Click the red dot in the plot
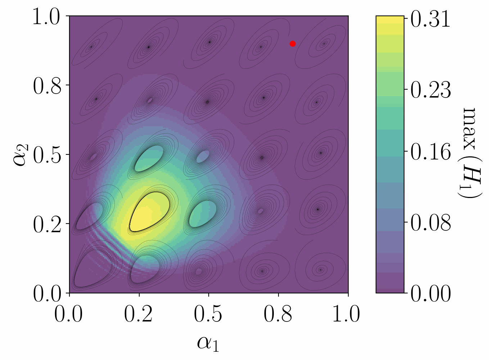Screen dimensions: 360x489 [293, 44]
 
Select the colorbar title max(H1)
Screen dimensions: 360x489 [471, 153]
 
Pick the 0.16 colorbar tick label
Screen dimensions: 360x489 [430, 152]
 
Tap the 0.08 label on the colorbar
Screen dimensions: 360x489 [430, 222]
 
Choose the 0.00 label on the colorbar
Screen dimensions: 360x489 [430, 293]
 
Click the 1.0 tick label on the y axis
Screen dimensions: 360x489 [47, 17]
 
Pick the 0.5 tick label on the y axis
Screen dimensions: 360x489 [47, 155]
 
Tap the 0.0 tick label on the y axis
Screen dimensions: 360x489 [47, 293]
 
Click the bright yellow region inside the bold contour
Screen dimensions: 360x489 [149, 212]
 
